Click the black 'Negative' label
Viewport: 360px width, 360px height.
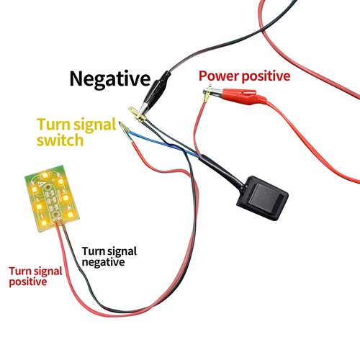point(110,79)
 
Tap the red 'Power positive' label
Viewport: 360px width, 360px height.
point(244,76)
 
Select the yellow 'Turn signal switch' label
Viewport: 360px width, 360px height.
point(76,132)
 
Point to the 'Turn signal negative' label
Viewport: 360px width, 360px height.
point(109,256)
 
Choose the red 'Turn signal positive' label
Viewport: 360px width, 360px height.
point(35,276)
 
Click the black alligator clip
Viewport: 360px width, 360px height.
point(156,92)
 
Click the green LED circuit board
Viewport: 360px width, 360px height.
point(52,198)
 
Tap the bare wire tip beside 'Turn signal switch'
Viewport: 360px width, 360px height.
point(124,127)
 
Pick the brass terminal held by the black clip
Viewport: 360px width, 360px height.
point(138,114)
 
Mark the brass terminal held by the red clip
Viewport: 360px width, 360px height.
point(210,93)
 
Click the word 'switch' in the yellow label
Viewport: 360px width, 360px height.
point(60,140)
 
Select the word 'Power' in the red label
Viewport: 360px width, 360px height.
point(218,76)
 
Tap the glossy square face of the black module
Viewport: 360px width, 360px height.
point(266,197)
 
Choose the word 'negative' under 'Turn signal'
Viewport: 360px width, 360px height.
point(103,262)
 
